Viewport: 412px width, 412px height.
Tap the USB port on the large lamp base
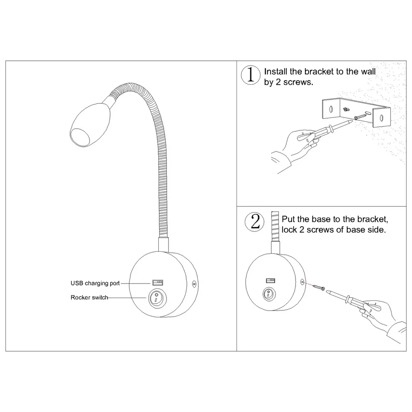[x=157, y=283]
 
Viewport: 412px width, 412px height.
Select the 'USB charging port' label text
[x=94, y=283]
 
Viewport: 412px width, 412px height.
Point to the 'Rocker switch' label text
[x=89, y=297]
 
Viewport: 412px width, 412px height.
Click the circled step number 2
[x=255, y=222]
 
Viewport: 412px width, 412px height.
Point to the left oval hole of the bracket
[x=330, y=109]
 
